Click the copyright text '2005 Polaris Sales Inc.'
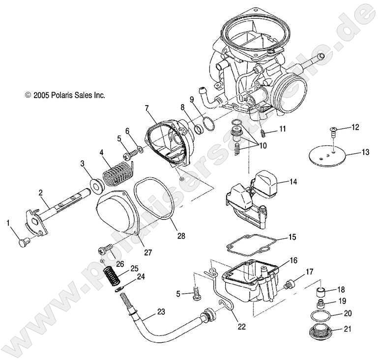[x=65, y=96]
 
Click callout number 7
[x=146, y=107]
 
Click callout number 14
[x=293, y=182]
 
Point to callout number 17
[x=309, y=272]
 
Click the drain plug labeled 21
[x=320, y=332]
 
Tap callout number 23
[x=161, y=311]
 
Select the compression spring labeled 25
[x=112, y=275]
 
